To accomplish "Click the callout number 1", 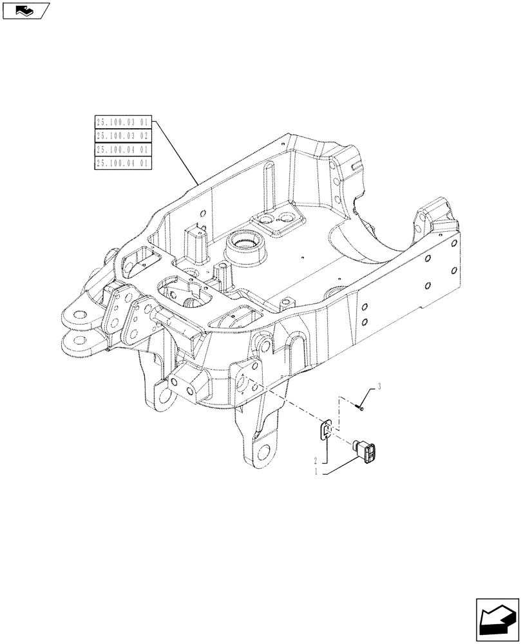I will pyautogui.click(x=316, y=472).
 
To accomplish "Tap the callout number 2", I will pyautogui.click(x=316, y=461).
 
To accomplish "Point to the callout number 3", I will pyautogui.click(x=379, y=386).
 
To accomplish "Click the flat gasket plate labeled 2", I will pyautogui.click(x=327, y=431).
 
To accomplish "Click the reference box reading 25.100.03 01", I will pyautogui.click(x=122, y=121).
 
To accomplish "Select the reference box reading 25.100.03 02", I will pyautogui.click(x=122, y=135).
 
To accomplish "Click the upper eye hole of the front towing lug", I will pyautogui.click(x=79, y=316).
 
